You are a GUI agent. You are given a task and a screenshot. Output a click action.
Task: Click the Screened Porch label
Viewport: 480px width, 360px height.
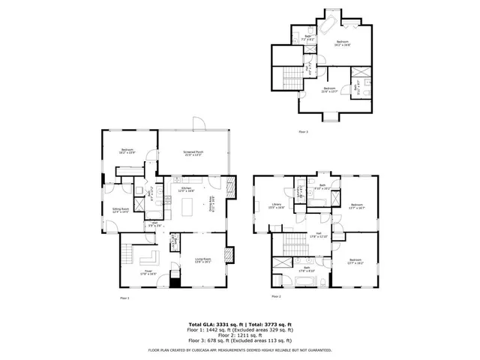194,153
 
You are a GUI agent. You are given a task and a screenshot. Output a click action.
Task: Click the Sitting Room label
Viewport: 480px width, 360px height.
121,211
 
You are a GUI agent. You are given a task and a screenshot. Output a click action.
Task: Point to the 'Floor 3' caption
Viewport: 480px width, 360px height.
303,131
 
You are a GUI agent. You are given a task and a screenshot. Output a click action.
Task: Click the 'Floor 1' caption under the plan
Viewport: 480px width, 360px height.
124,298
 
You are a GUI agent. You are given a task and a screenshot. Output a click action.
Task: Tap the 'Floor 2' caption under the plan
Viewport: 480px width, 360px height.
276,297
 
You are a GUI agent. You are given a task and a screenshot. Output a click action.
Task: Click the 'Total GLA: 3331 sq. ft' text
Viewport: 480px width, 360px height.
214,323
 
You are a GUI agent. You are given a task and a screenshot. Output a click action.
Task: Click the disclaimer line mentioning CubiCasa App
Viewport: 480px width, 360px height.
240,349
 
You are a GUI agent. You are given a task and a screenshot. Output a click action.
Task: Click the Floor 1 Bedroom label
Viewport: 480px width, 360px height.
127,151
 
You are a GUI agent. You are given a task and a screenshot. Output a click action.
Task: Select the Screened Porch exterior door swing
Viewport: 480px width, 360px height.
199,124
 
